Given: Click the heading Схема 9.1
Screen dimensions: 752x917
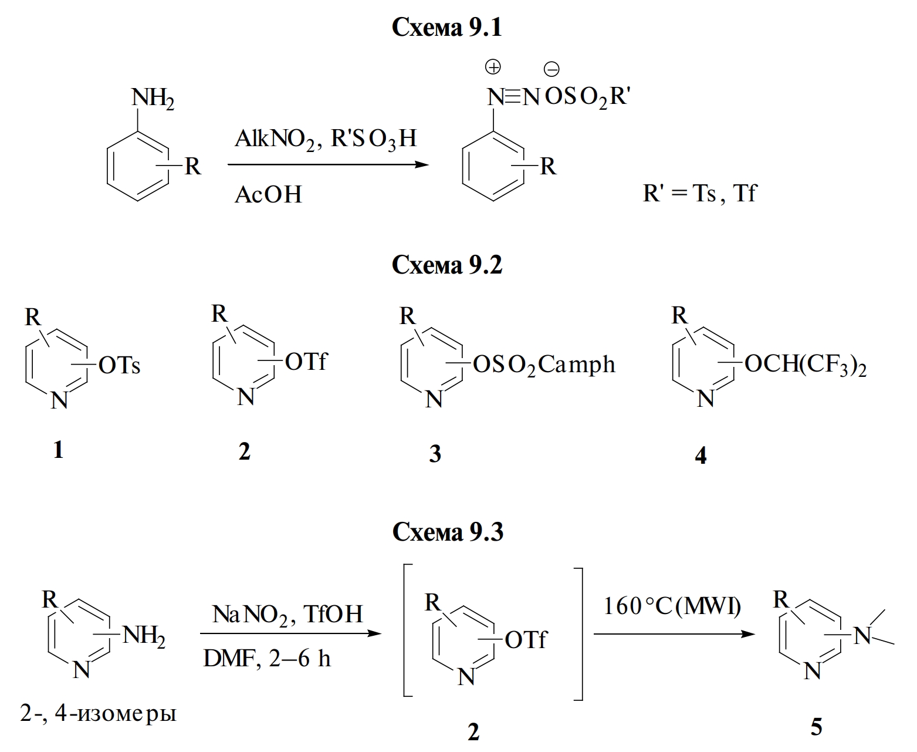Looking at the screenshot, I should [x=446, y=27].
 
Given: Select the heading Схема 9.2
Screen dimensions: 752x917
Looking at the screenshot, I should [x=446, y=265].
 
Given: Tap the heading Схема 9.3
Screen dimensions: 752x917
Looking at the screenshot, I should [x=447, y=532].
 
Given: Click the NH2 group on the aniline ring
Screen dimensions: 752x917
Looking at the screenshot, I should [x=153, y=98].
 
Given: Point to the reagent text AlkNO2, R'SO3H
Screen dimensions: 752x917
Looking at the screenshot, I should [x=326, y=139].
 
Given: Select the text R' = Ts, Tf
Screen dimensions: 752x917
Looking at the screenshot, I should [x=699, y=193].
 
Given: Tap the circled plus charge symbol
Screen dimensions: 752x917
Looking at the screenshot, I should [x=493, y=68].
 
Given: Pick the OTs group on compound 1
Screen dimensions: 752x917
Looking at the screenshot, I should [x=120, y=366].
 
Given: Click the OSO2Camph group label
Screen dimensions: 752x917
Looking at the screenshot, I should [x=544, y=365].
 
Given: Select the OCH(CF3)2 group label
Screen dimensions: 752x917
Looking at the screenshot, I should [x=805, y=365].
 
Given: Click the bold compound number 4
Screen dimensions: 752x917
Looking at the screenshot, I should [x=701, y=455].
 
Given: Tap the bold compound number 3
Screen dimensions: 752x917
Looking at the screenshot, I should [x=435, y=454].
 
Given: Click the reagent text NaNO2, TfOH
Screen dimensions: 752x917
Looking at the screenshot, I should [x=287, y=615].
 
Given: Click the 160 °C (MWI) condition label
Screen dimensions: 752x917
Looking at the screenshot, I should [x=672, y=606].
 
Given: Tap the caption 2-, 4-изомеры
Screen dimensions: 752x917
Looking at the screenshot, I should [x=98, y=714].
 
